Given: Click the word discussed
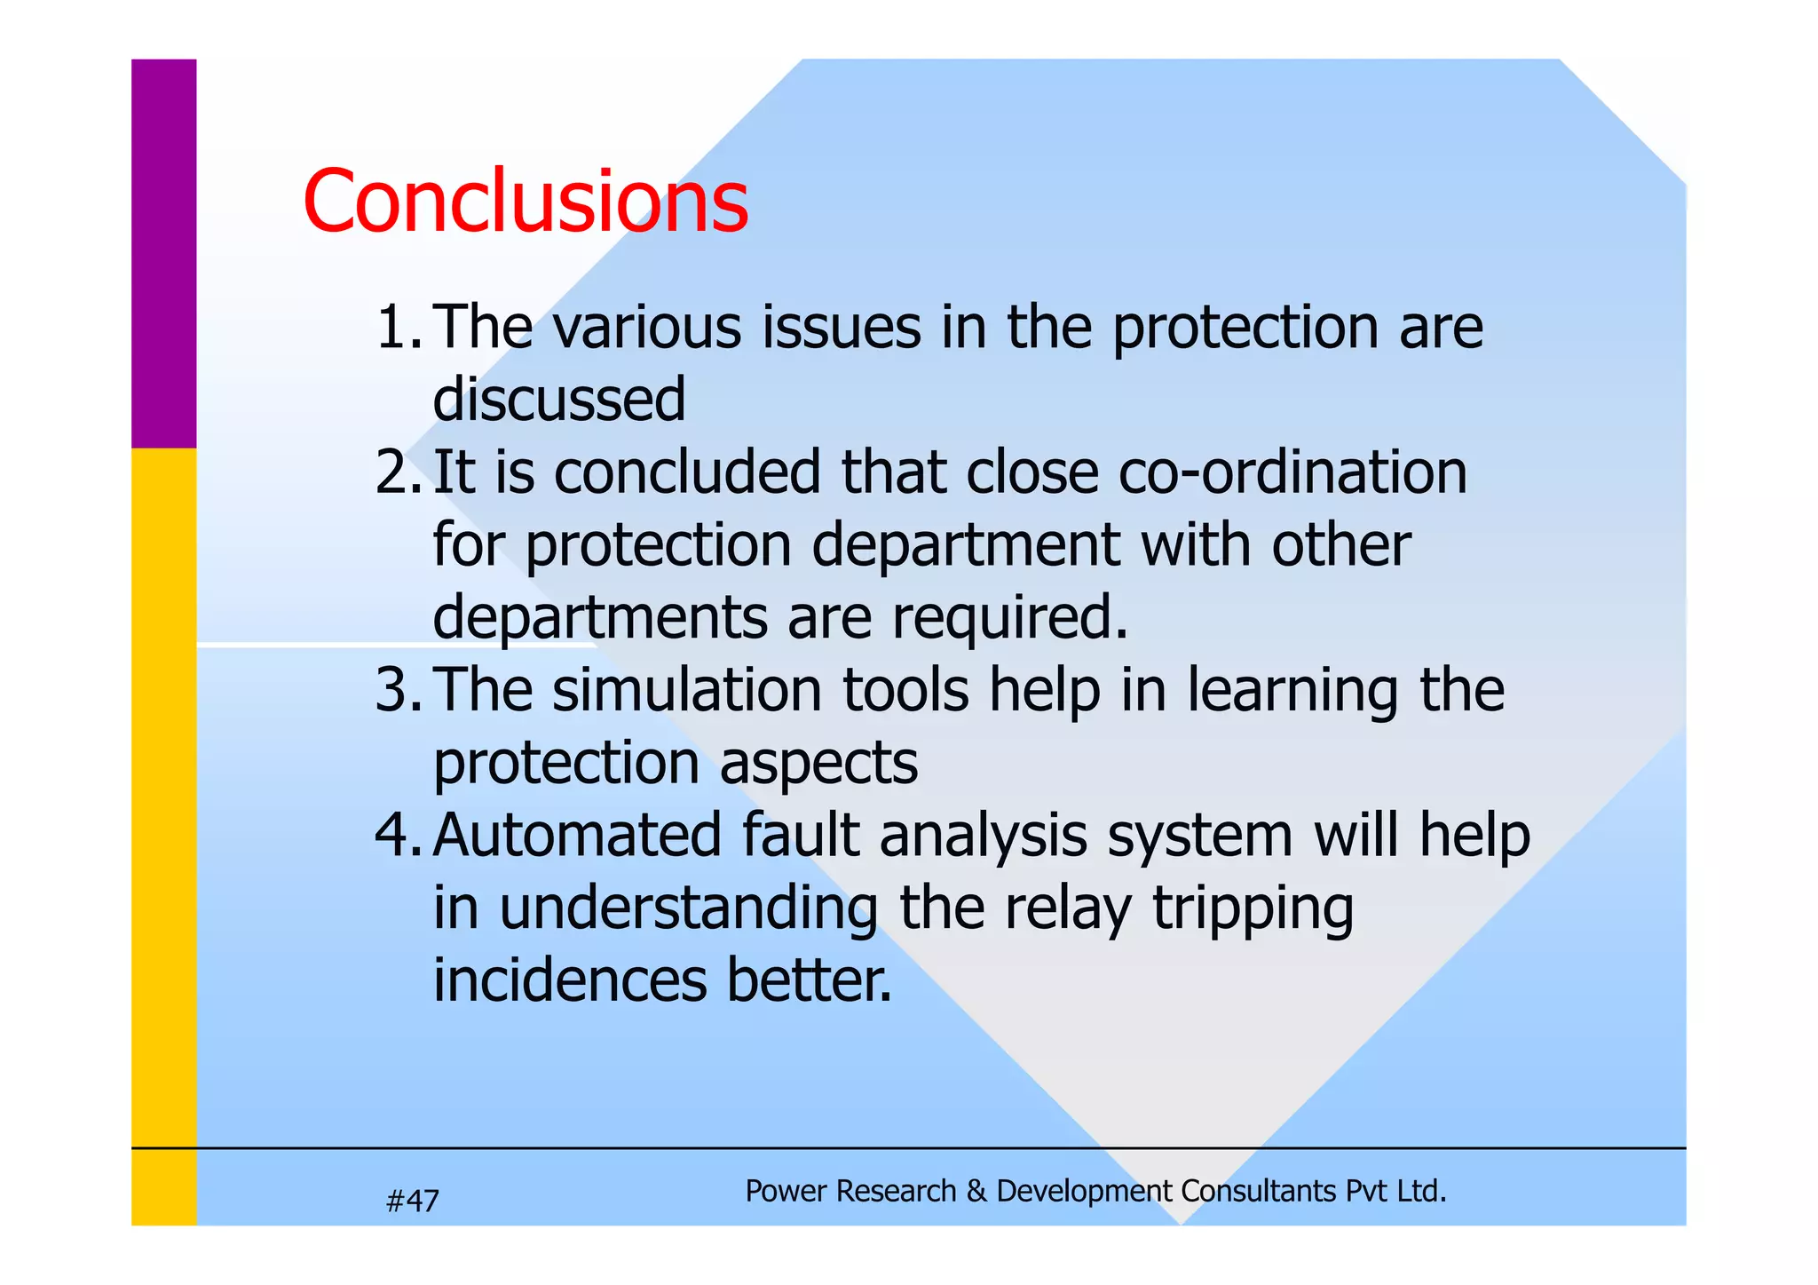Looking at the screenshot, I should [x=558, y=399].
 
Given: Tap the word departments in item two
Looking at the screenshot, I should [x=599, y=618].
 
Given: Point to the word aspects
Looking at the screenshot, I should [x=818, y=764].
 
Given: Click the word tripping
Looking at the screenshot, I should [x=1253, y=909].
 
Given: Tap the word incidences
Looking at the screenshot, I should [x=569, y=980].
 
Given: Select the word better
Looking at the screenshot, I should [x=809, y=980].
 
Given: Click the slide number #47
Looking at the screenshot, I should [x=413, y=1202].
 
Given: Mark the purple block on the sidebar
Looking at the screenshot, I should [x=164, y=253].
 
